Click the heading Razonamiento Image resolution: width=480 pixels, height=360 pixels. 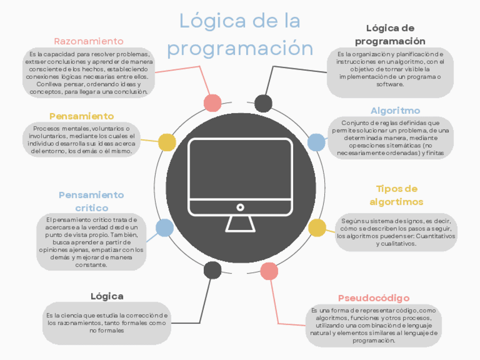[x=88, y=41]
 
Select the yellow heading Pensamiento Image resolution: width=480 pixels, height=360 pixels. [x=82, y=116]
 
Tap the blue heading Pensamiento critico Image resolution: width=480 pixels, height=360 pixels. [x=91, y=201]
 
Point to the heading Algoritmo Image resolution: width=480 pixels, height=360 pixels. [x=395, y=110]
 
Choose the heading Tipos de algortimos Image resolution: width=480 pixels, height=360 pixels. [x=396, y=195]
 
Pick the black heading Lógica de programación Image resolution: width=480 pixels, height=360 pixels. [x=390, y=35]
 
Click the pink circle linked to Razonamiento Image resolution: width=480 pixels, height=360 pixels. [x=212, y=103]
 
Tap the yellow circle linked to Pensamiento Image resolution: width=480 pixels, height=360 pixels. [x=166, y=143]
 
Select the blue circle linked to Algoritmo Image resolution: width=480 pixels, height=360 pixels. [x=316, y=142]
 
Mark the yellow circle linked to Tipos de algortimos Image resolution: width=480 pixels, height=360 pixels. [x=317, y=228]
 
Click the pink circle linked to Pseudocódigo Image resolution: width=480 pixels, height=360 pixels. [x=269, y=272]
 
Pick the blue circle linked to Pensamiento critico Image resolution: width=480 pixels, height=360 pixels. [x=165, y=228]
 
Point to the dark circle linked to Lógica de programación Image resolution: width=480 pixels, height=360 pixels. [x=263, y=103]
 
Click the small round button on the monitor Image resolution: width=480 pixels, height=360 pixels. [x=240, y=208]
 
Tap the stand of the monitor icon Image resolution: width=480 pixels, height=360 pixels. [x=240, y=223]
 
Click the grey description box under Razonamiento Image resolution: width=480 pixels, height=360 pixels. [x=88, y=73]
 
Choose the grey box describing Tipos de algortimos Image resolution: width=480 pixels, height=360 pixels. [x=396, y=232]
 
